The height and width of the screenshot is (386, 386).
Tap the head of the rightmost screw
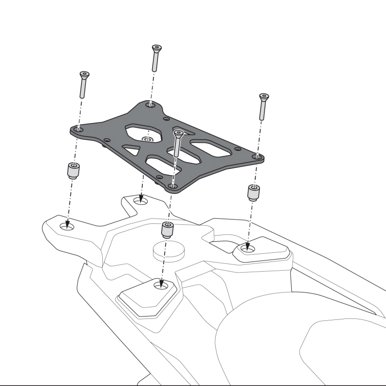pos(263,96)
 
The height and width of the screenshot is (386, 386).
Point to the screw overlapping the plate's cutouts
pos(178,142)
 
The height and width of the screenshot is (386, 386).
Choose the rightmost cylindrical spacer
pos(253,192)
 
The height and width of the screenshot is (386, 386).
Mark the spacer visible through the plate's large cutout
pos(147,139)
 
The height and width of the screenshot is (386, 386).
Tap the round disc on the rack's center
pos(168,251)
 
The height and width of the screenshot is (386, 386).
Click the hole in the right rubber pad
pos(248,249)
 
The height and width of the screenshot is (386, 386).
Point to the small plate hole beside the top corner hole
pos(166,117)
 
